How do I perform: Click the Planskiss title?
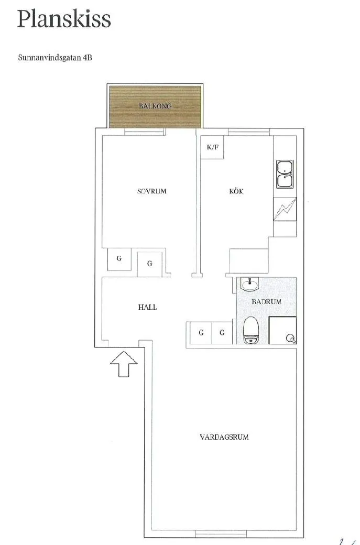pyautogui.click(x=64, y=19)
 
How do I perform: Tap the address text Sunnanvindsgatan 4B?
pyautogui.click(x=55, y=58)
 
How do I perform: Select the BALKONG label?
pyautogui.click(x=155, y=106)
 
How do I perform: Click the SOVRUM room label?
pyautogui.click(x=152, y=191)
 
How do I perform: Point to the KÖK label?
pyautogui.click(x=236, y=191)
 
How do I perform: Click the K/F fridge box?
pyautogui.click(x=212, y=147)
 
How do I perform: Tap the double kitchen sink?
pyautogui.click(x=285, y=174)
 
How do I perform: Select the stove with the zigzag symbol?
pyautogui.click(x=285, y=209)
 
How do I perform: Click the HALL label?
pyautogui.click(x=147, y=307)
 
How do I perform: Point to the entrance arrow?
pyautogui.click(x=124, y=364)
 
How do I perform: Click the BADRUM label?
pyautogui.click(x=267, y=301)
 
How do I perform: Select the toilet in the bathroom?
pyautogui.click(x=250, y=330)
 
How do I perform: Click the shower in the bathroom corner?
pyautogui.click(x=283, y=331)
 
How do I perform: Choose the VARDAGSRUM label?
pyautogui.click(x=224, y=437)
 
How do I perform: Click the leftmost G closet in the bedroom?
pyautogui.click(x=119, y=259)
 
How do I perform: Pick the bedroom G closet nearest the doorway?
pyautogui.click(x=150, y=264)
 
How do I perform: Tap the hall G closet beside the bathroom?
pyautogui.click(x=222, y=333)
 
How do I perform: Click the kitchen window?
pyautogui.click(x=249, y=132)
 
